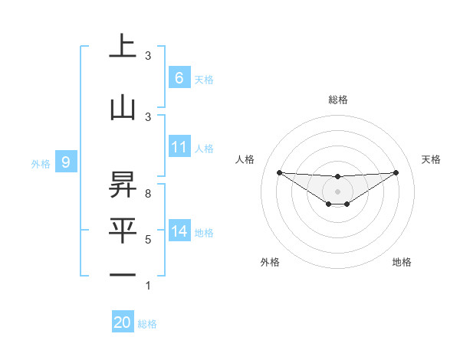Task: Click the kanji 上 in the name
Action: [x=122, y=47]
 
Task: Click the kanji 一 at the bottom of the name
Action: [x=122, y=275]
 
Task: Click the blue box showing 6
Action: [x=179, y=78]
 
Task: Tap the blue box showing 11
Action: [x=179, y=147]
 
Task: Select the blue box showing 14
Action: [x=179, y=231]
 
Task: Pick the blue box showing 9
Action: [x=67, y=162]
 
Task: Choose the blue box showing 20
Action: [x=122, y=322]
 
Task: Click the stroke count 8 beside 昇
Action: [x=148, y=194]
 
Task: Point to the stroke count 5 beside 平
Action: [x=148, y=240]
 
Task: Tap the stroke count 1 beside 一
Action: [x=148, y=286]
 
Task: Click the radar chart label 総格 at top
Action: [x=337, y=100]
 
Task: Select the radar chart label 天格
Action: [x=432, y=159]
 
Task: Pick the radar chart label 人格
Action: [x=245, y=159]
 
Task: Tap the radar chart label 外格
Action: [x=270, y=262]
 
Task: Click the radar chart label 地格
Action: [x=402, y=262]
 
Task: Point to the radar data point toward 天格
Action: [x=396, y=172]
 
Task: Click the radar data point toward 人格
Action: [x=279, y=172]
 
